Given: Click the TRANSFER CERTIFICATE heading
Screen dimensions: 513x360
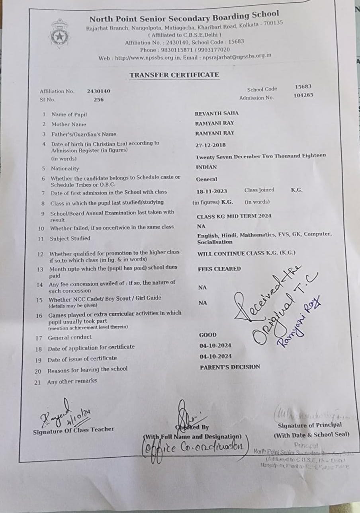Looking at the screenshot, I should pyautogui.click(x=174, y=75).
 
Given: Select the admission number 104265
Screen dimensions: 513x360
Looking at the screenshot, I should pyautogui.click(x=303, y=95).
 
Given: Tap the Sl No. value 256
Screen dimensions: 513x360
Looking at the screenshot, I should pyautogui.click(x=98, y=99).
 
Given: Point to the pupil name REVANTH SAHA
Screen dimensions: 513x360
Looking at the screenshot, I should pyautogui.click(x=217, y=113).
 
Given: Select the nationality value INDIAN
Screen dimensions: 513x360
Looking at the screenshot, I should pyautogui.click(x=206, y=167).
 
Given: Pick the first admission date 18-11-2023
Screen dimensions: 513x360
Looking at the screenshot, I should pyautogui.click(x=212, y=191).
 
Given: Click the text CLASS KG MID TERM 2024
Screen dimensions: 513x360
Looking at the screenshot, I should pyautogui.click(x=234, y=216).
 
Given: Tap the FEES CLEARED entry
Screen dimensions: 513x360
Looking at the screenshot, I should pyautogui.click(x=219, y=269).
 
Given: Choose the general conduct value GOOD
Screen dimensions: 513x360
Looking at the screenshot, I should pyautogui.click(x=208, y=335).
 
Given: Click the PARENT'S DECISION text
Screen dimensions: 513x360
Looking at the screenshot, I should pyautogui.click(x=230, y=367).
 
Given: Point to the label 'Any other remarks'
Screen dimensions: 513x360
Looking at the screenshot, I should pyautogui.click(x=72, y=381).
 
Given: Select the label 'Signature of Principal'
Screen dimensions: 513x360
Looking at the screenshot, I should pyautogui.click(x=309, y=425).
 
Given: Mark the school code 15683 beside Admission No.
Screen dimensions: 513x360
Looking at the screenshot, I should pyautogui.click(x=303, y=86).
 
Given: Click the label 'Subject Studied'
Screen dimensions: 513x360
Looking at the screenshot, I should pyautogui.click(x=70, y=239).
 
